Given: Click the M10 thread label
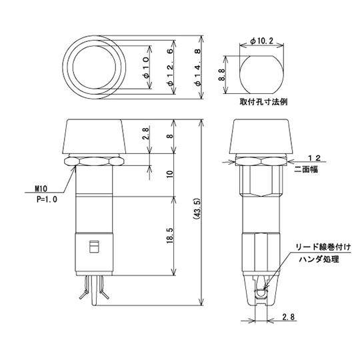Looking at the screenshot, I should pos(39,189).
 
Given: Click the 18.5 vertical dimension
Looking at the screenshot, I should pos(171,237).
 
